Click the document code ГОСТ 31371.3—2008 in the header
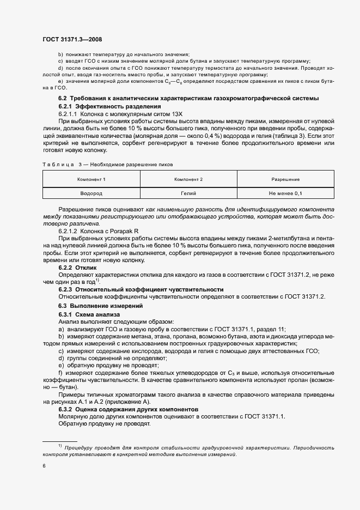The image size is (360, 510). click(x=71, y=39)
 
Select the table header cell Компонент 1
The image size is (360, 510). click(x=91, y=179)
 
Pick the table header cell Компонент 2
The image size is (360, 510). click(x=188, y=179)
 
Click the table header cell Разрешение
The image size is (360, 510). click(x=285, y=179)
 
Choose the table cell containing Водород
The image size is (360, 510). click(x=91, y=193)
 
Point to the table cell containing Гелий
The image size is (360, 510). click(x=188, y=193)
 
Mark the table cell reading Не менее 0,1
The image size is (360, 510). click(x=285, y=193)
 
